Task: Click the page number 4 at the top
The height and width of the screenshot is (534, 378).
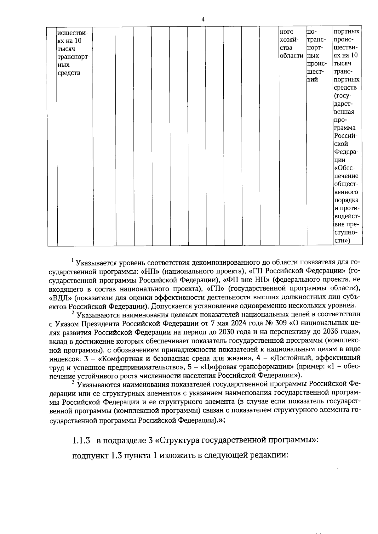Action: coord(203,20)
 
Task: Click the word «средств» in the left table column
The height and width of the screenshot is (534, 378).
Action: coord(69,73)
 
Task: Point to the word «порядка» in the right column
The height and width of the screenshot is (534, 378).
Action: coord(346,200)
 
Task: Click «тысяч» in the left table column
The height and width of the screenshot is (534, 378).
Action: coord(66,49)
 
